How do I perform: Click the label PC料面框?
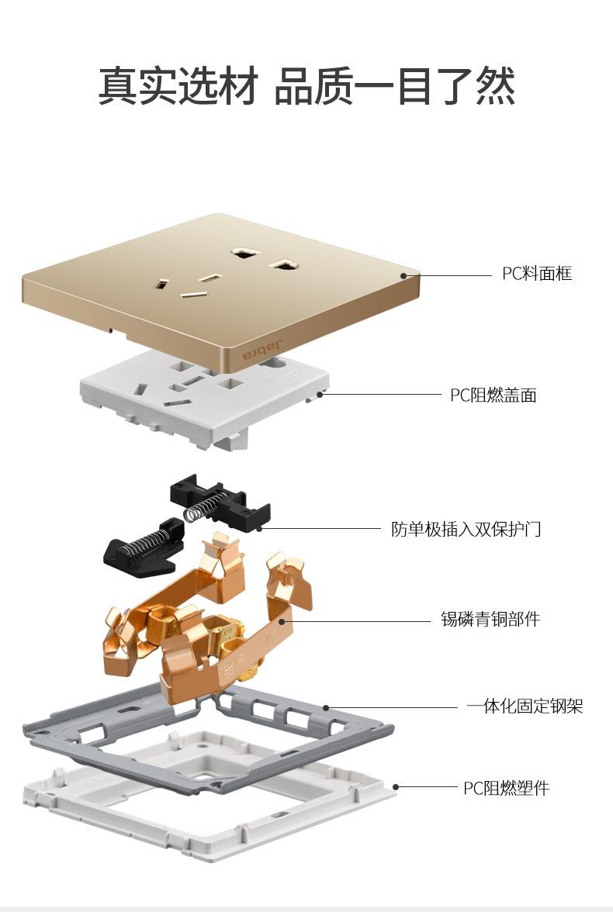click(537, 274)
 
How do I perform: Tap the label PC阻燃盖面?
click(494, 396)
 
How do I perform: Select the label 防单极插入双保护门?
click(466, 530)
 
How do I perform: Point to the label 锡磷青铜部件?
click(490, 620)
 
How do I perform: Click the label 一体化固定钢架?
click(525, 706)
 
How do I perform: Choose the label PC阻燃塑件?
click(506, 789)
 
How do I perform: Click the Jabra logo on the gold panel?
click(263, 350)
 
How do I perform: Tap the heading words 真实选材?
click(178, 86)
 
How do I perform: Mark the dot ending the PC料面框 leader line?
click(404, 275)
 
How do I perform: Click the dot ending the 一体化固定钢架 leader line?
click(327, 707)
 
